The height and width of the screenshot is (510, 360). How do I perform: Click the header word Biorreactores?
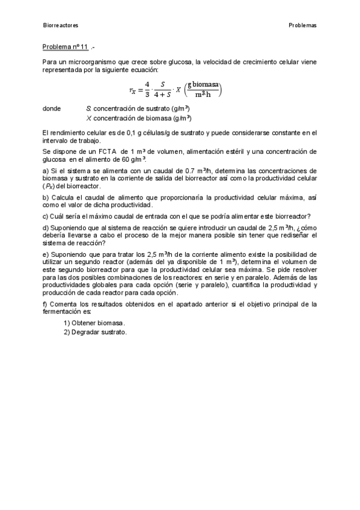click(61, 25)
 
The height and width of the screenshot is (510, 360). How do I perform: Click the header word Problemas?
click(302, 25)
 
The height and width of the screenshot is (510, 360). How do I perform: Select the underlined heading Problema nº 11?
click(66, 46)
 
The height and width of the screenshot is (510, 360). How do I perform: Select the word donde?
click(52, 109)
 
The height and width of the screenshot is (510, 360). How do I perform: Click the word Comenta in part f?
click(64, 304)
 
